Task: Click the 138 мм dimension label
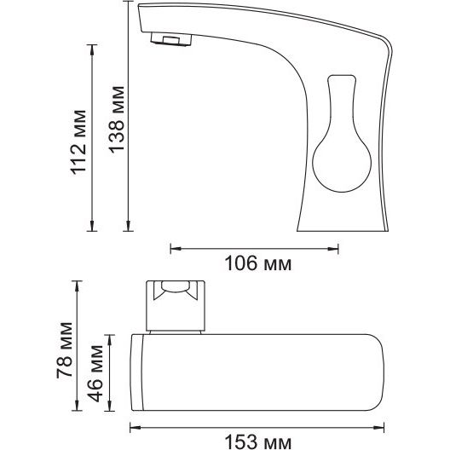tap(117, 119)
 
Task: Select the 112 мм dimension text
tap(78, 142)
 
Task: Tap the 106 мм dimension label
tap(257, 263)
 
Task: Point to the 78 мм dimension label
tap(64, 350)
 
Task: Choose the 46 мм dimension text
tap(95, 373)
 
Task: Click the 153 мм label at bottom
tap(257, 442)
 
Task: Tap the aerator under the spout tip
tap(171, 39)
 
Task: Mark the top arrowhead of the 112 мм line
tap(92, 49)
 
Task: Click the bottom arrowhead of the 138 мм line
tap(129, 226)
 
